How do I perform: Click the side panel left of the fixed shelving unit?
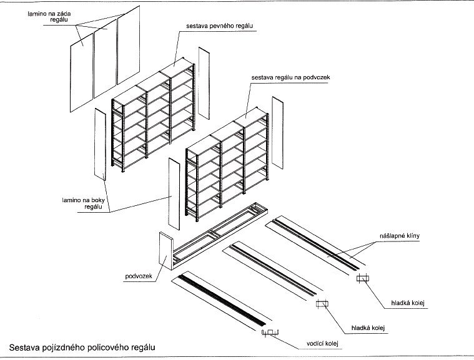click(x=100, y=144)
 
